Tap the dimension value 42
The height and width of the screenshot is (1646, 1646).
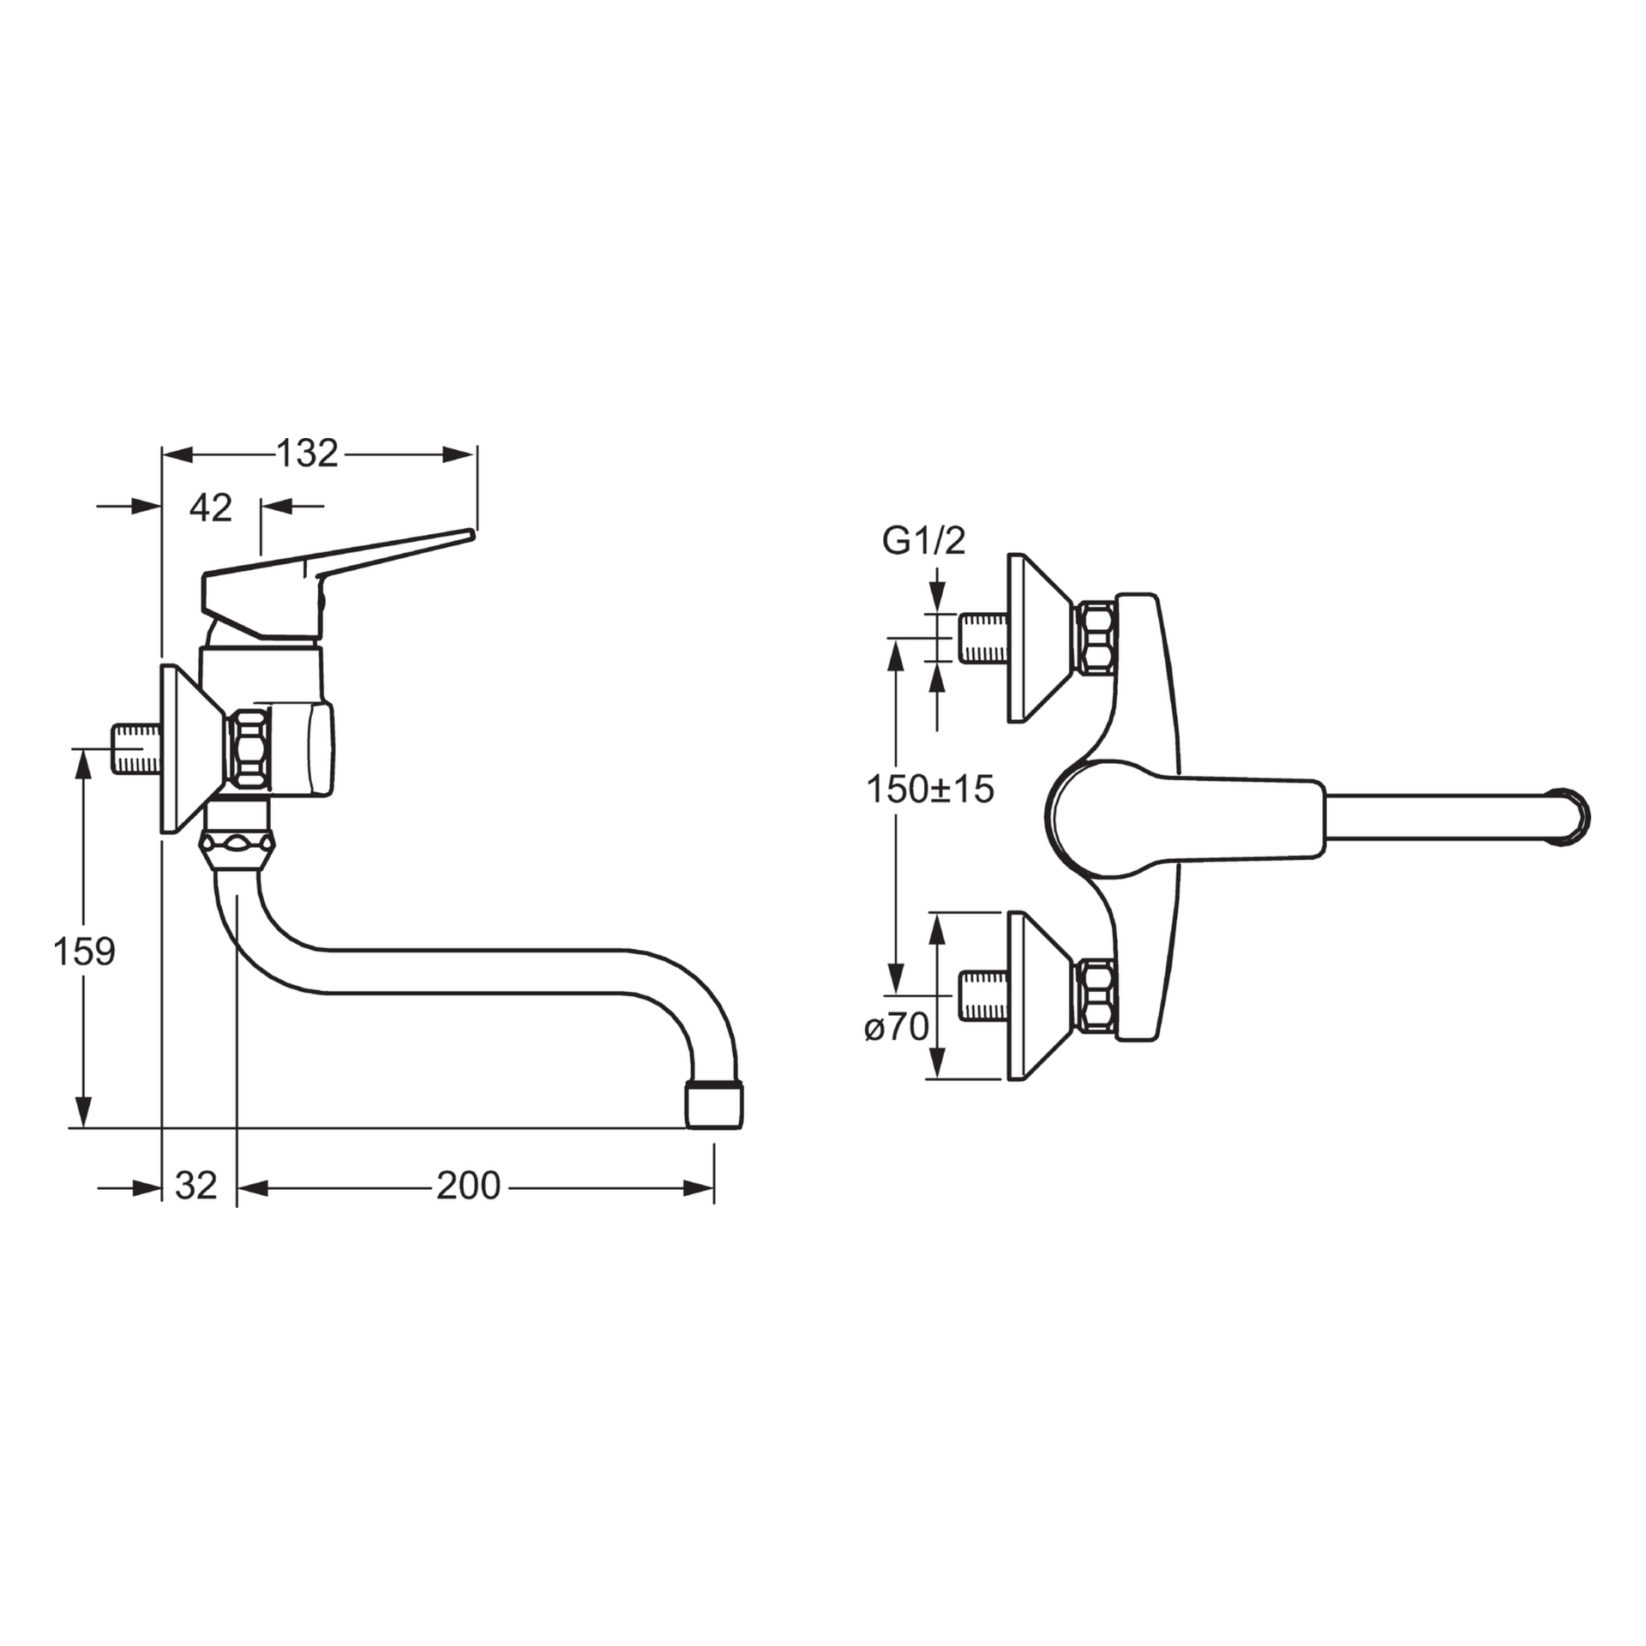(211, 508)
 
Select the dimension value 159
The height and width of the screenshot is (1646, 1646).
(84, 951)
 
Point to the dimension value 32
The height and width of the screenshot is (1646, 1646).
(196, 1186)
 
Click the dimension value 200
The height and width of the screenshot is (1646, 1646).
(468, 1186)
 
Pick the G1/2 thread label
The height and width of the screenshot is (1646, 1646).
(923, 541)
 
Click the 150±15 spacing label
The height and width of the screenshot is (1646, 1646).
(930, 789)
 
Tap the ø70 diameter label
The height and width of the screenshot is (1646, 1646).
(897, 1026)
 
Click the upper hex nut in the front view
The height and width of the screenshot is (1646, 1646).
(1096, 638)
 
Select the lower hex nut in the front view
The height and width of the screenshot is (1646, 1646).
(1096, 995)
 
